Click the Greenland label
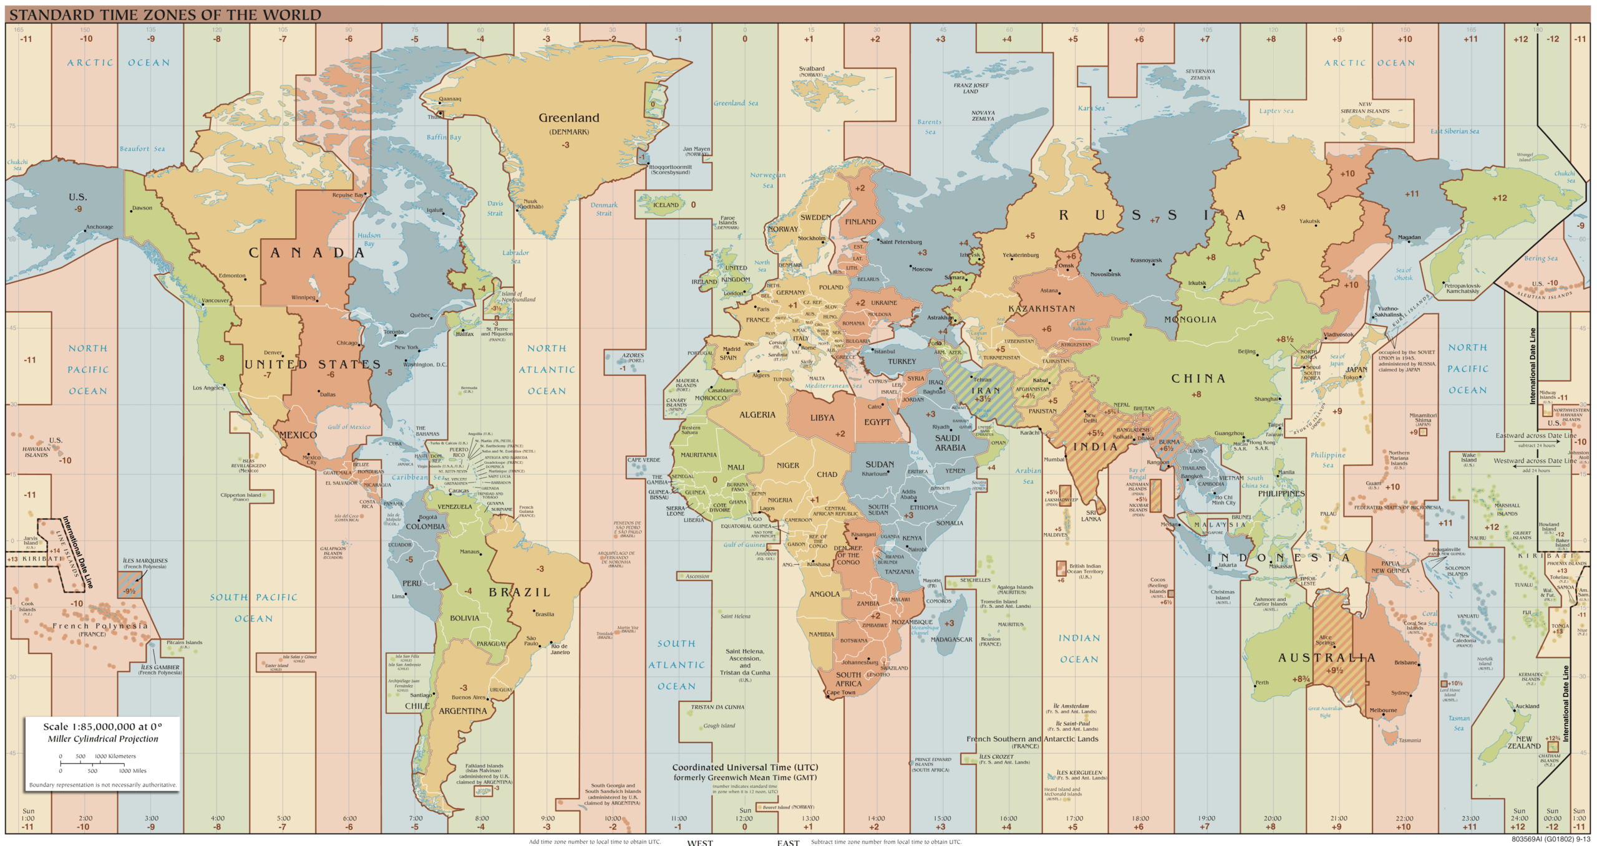point(568,118)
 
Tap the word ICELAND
point(666,205)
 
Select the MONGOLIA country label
point(1190,320)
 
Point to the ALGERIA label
point(757,415)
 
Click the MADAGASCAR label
point(951,640)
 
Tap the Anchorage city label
point(100,227)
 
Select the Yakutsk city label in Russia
point(1309,221)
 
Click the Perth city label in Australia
point(1262,683)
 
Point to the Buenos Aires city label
point(468,698)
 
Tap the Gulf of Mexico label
point(349,427)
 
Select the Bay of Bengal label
point(1137,474)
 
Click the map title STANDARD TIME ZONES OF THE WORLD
point(165,15)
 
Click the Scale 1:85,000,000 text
point(102,727)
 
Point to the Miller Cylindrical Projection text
point(103,739)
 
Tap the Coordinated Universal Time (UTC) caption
point(745,767)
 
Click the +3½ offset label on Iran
point(983,399)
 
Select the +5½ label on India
point(1095,433)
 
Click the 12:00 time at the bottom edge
point(745,819)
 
